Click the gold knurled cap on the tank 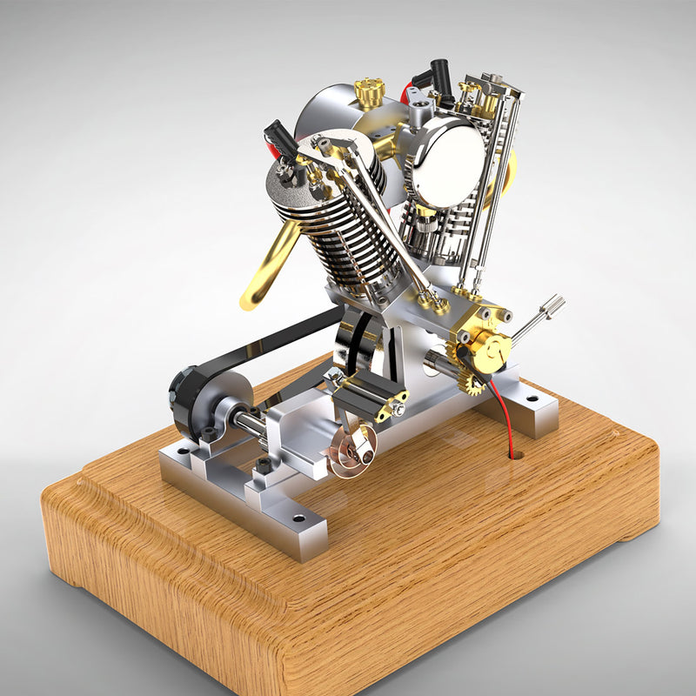pyautogui.click(x=369, y=90)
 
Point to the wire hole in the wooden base pyautogui.click(x=515, y=453)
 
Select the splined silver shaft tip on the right pyautogui.click(x=552, y=307)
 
